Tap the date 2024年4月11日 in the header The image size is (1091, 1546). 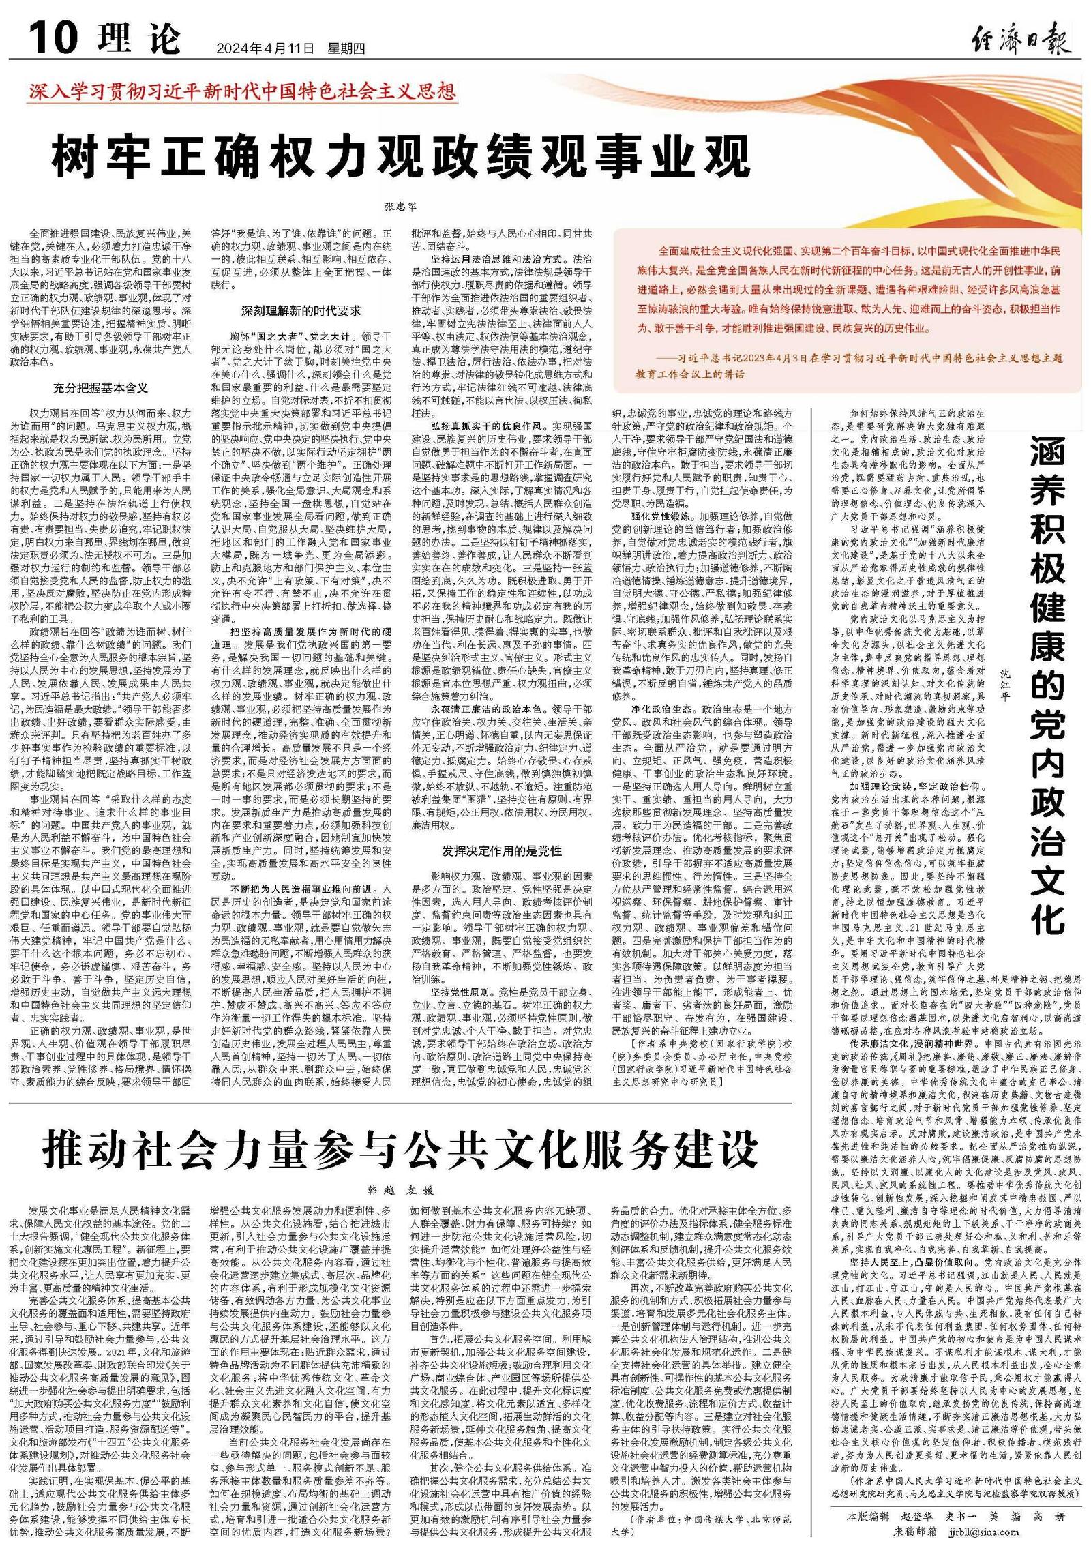tap(265, 49)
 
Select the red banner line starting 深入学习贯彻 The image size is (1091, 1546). tap(242, 91)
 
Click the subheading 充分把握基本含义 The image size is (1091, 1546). tap(100, 388)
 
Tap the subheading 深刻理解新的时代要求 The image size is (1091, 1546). tap(301, 311)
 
